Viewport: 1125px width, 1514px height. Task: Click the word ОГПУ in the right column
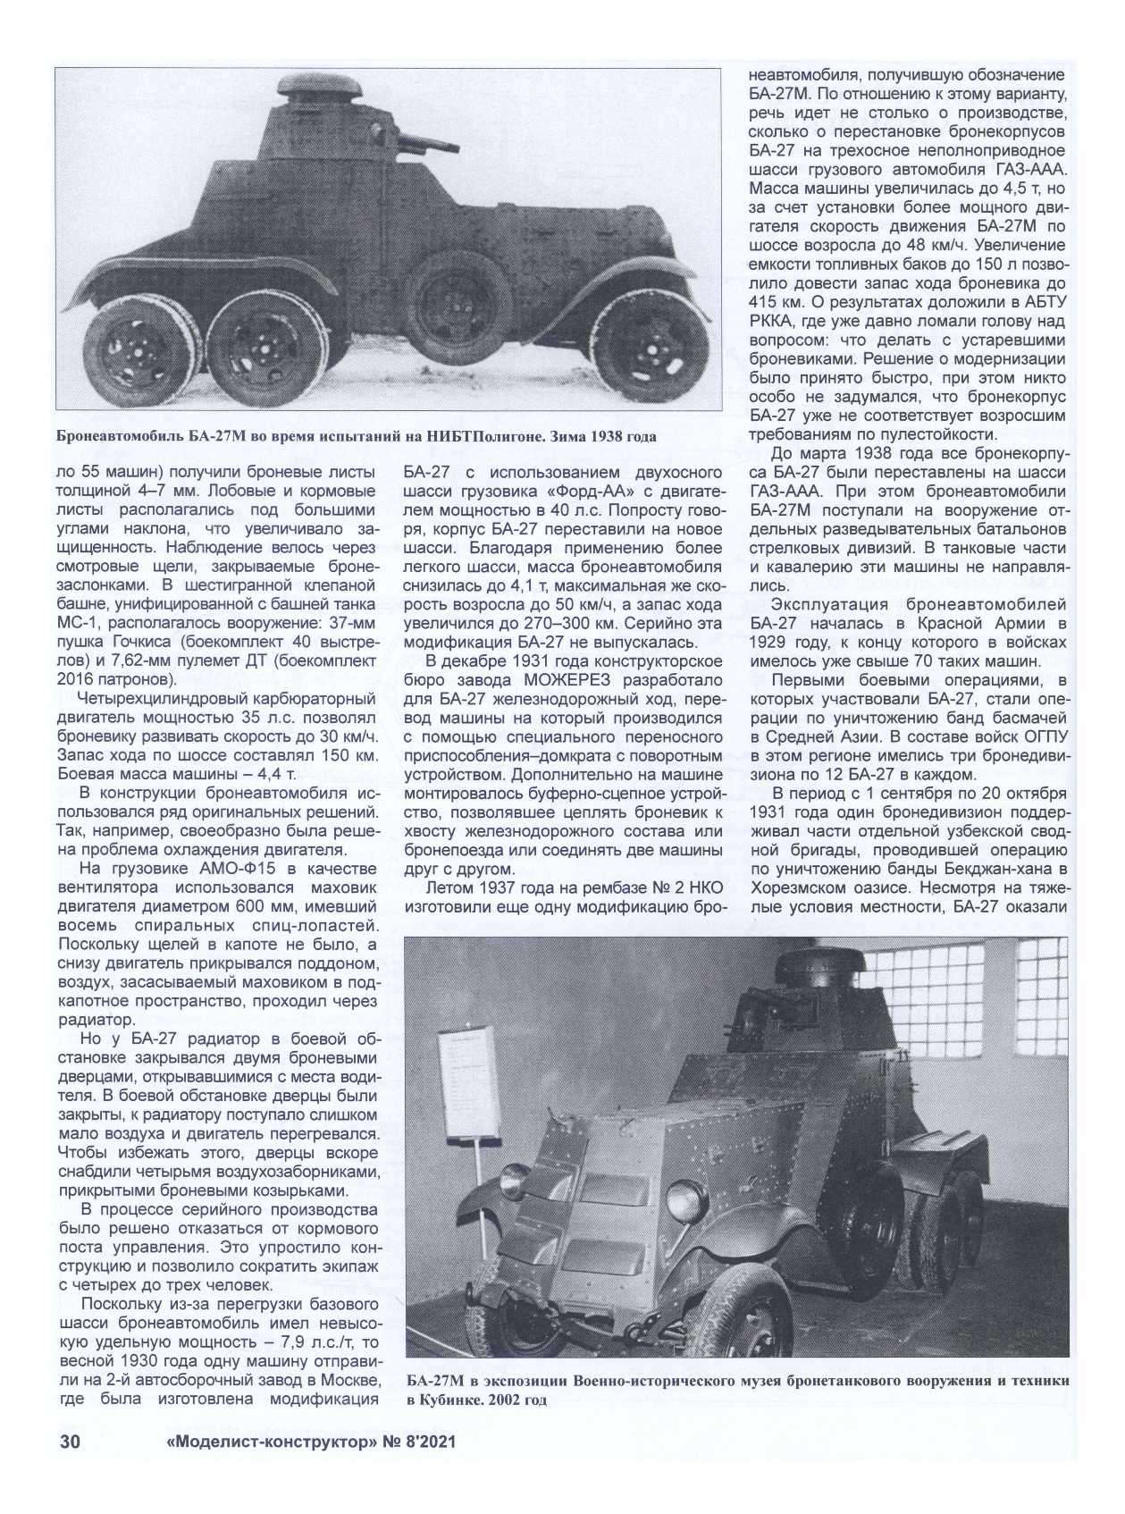[1041, 736]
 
